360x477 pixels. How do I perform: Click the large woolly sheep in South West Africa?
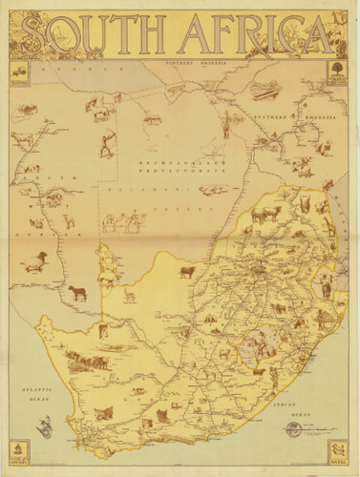[x=35, y=260]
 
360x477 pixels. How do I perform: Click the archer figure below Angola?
[x=106, y=145]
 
